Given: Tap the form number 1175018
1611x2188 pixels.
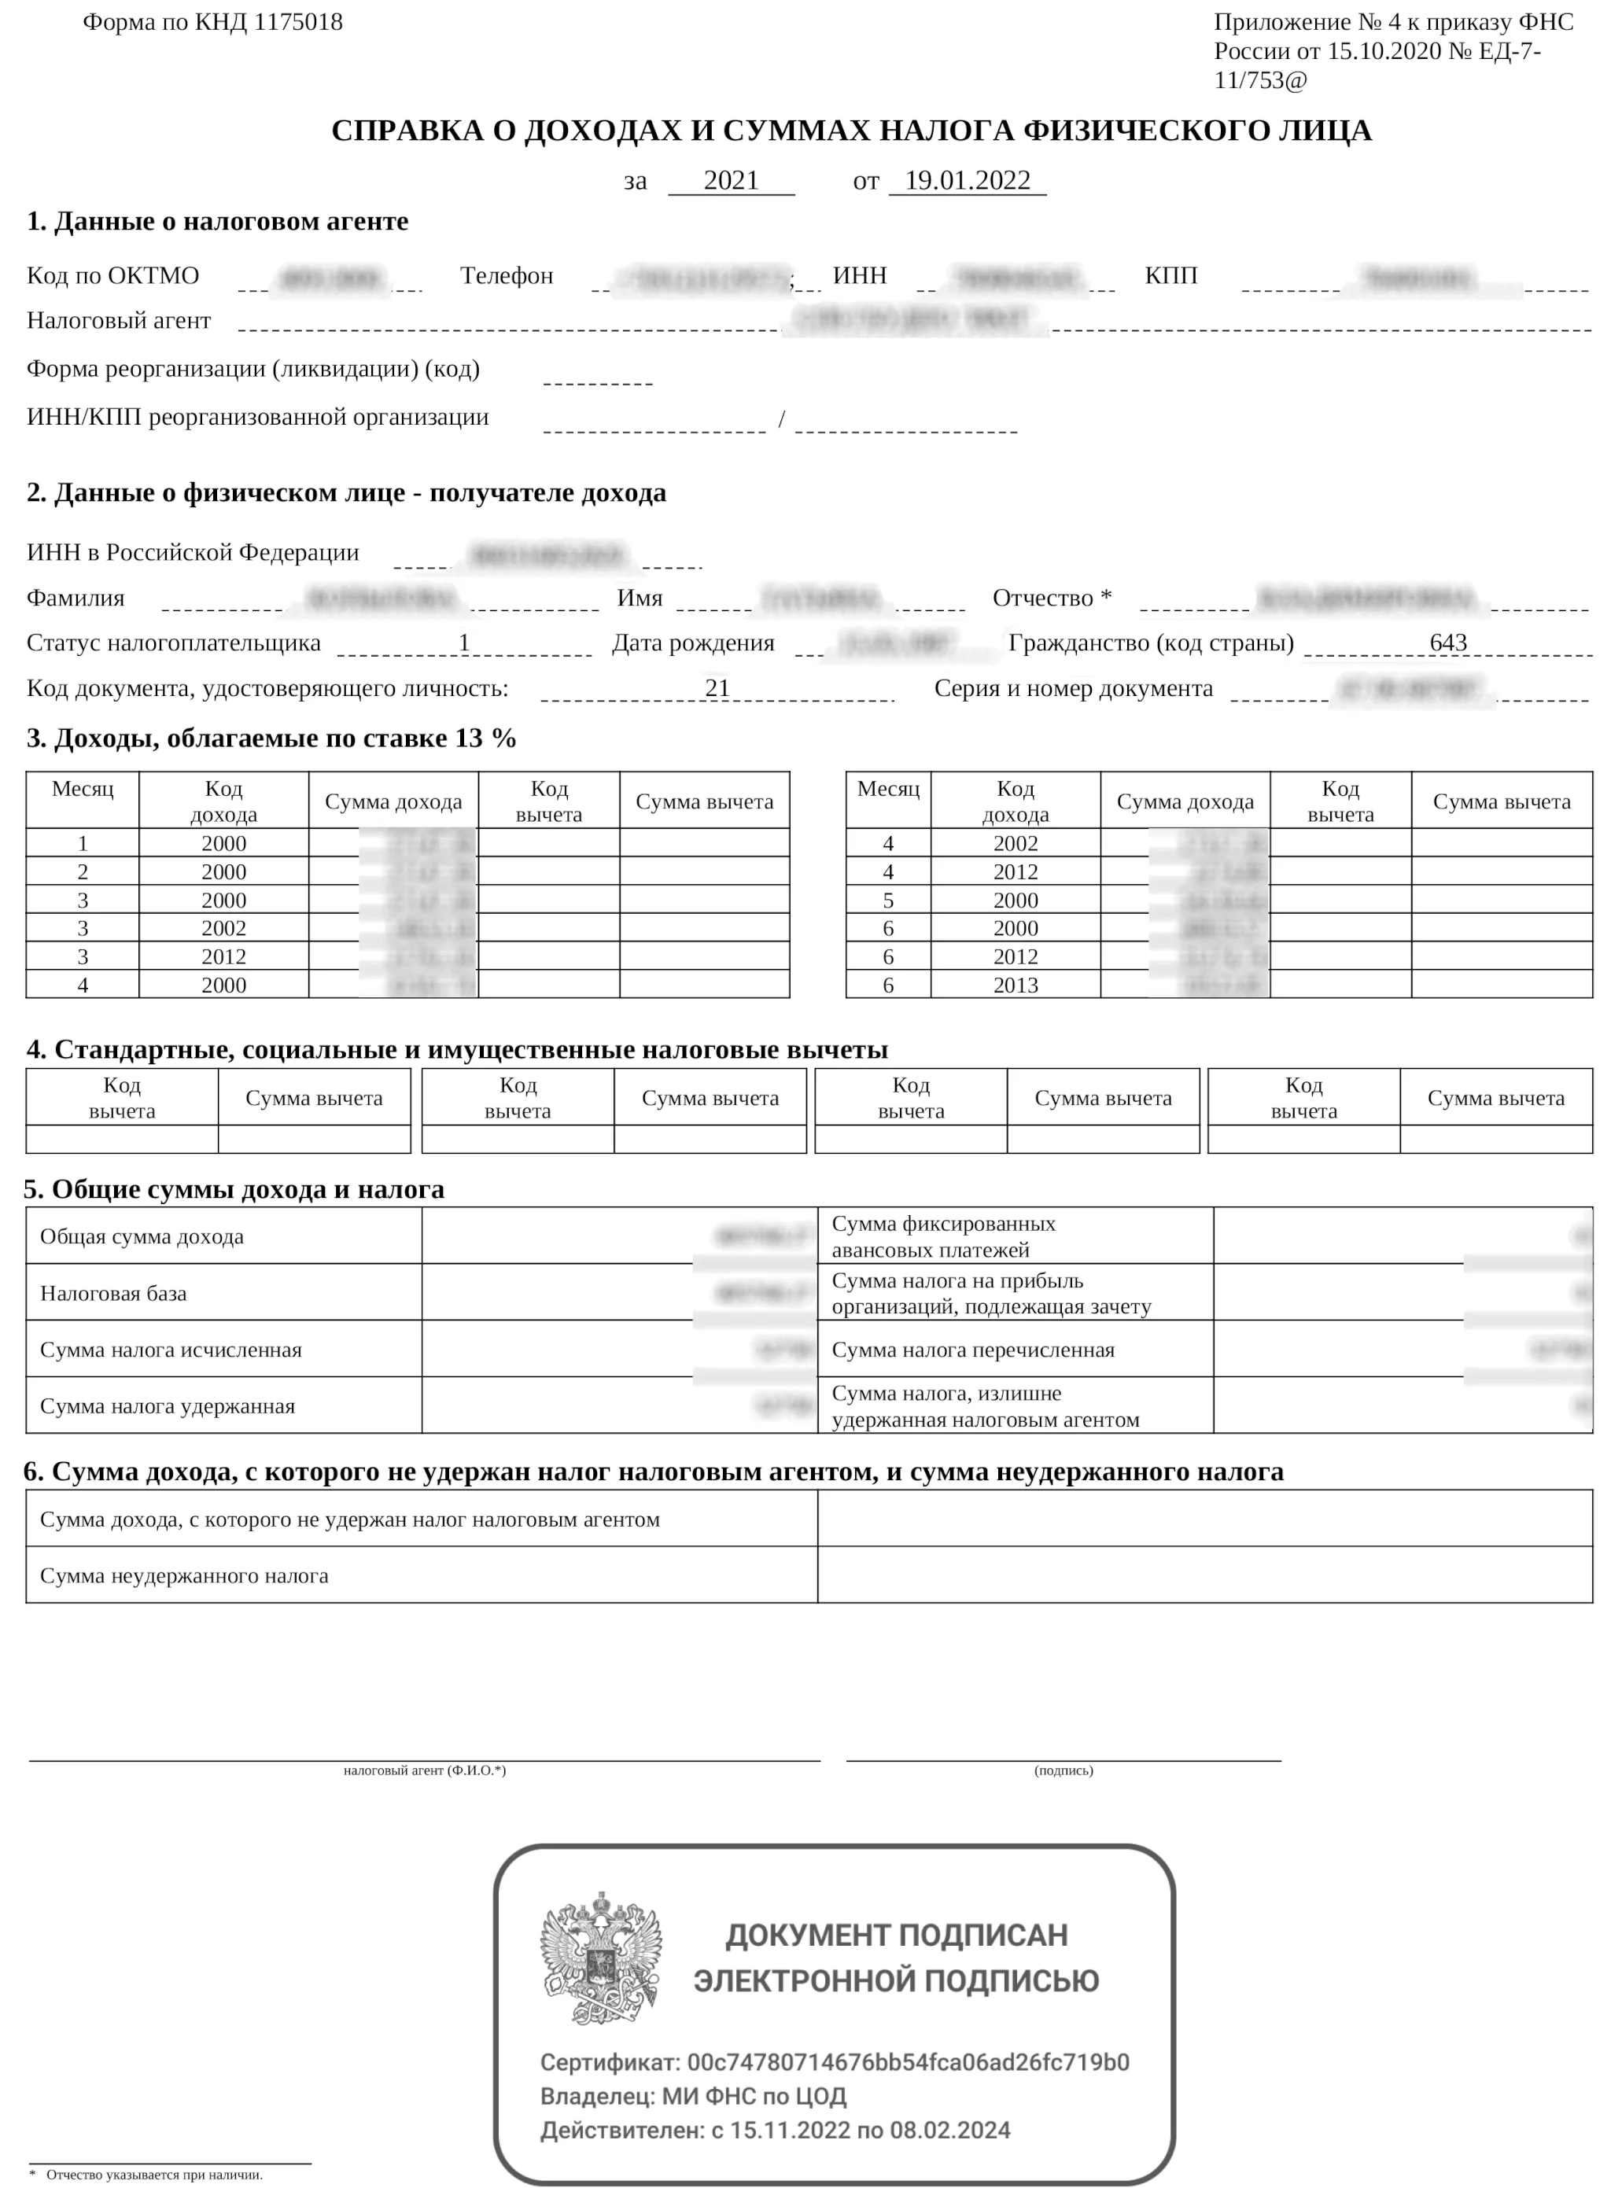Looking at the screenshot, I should (298, 23).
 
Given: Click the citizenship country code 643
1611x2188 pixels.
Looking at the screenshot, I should (1448, 643).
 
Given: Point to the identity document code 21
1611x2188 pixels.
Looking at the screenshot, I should (717, 687).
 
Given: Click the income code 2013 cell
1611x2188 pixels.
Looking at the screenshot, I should (1016, 985).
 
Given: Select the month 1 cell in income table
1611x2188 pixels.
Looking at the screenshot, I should (83, 843).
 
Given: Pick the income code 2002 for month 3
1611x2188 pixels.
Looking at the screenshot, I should (223, 928).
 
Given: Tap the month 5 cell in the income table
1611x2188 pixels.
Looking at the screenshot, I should (887, 900).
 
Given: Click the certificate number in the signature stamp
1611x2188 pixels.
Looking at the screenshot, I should (908, 2062).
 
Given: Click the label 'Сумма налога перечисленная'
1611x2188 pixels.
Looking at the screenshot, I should (972, 1350).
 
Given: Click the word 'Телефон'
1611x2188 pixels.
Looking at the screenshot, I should (506, 276).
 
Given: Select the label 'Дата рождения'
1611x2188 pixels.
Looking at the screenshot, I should (692, 643).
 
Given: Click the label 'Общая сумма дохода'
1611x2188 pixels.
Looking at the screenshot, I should (142, 1236).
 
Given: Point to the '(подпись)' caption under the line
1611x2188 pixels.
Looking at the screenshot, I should (1063, 1770).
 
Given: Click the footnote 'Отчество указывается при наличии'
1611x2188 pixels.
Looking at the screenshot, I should (154, 2175).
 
